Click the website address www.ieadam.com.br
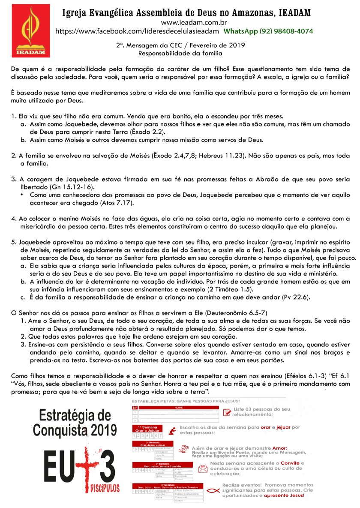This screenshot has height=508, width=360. pyautogui.click(x=194, y=22)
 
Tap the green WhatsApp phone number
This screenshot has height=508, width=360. pyautogui.click(x=268, y=31)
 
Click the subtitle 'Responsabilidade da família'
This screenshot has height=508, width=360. pyautogui.click(x=180, y=53)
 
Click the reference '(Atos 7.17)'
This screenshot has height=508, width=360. pyautogui.click(x=117, y=202)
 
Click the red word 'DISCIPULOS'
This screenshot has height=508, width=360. pyautogui.click(x=105, y=488)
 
